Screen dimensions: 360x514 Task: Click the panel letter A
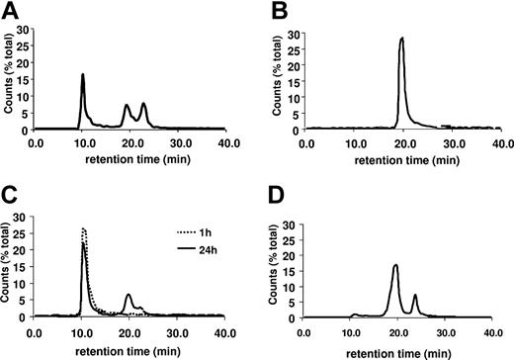10,11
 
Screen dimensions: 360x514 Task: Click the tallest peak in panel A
83,75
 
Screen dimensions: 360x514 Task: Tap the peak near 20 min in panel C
128,295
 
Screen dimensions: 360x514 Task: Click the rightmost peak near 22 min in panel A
143,104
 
